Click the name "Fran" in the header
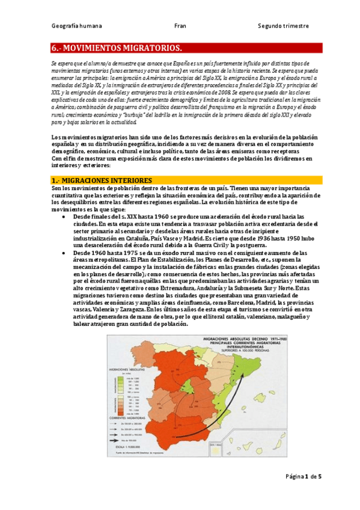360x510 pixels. [180, 26]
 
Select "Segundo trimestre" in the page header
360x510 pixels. [282, 26]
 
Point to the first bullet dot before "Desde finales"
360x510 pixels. [65, 216]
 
